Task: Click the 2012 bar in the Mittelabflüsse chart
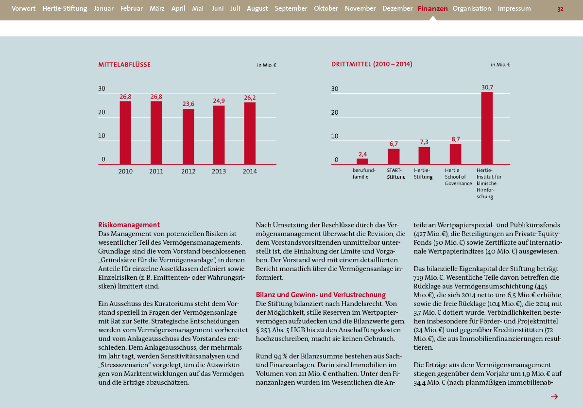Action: [188, 136]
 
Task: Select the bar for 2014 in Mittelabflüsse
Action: [250, 133]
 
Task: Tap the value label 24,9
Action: [219, 101]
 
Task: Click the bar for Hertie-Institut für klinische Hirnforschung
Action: [487, 128]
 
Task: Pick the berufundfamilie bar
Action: [362, 162]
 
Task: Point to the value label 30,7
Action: [487, 87]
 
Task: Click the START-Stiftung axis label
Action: [396, 173]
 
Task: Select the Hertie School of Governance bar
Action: [456, 154]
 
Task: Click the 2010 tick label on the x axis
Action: [125, 171]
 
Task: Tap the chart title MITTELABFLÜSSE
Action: [124, 65]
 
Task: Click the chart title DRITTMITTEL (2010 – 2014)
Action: [372, 64]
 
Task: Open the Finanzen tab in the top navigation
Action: [432, 9]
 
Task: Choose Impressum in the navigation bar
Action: [514, 9]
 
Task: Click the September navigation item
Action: [291, 9]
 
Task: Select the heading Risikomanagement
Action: [129, 224]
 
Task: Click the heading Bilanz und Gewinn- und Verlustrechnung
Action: [321, 294]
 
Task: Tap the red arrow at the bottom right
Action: [554, 396]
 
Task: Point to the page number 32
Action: [560, 9]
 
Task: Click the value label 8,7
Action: [456, 139]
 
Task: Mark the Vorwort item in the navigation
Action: [23, 9]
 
